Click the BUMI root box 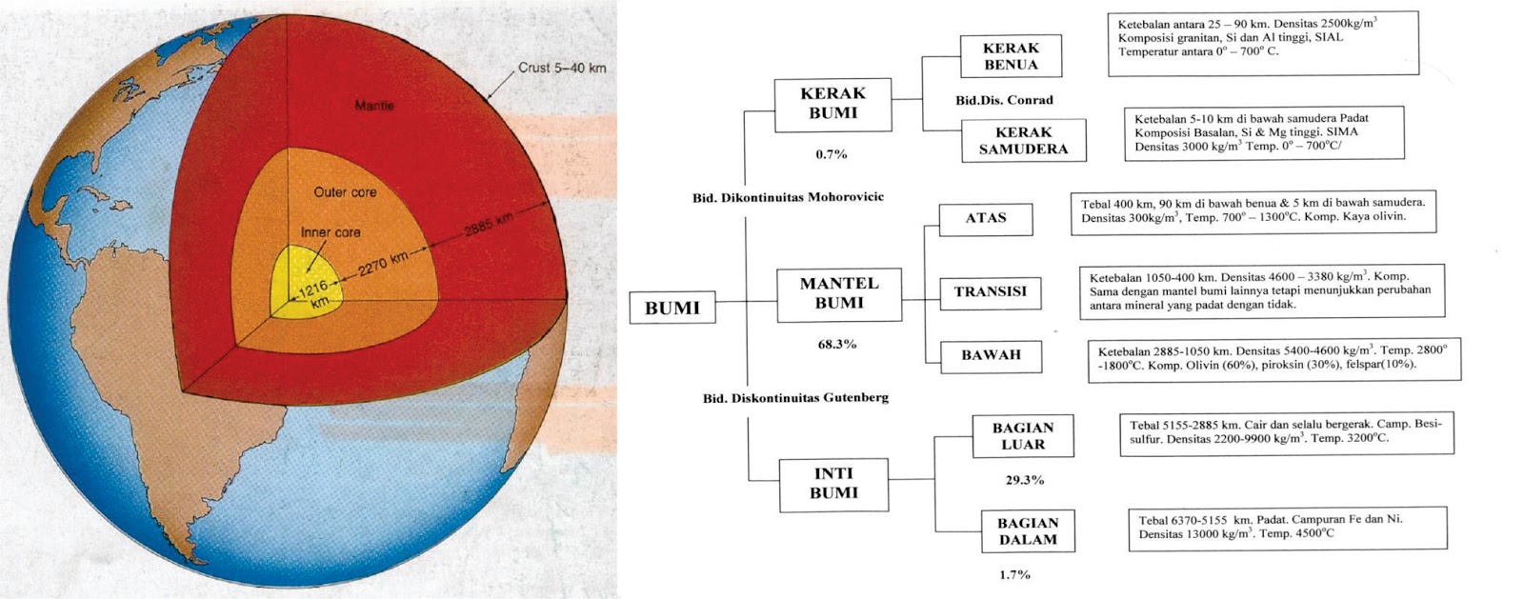[x=672, y=308]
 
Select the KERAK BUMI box [x=832, y=104]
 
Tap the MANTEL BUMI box [x=838, y=293]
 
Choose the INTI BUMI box [x=833, y=484]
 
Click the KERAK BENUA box [x=1011, y=56]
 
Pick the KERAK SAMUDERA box [x=1023, y=141]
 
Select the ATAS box [x=985, y=218]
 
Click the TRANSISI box [x=990, y=292]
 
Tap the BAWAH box [x=991, y=355]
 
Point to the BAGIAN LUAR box [x=1023, y=436]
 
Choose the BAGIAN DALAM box [x=1027, y=531]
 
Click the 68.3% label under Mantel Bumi [x=837, y=345]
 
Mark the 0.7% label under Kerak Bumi [x=832, y=154]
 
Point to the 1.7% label [x=1014, y=575]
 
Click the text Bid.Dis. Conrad [x=1004, y=100]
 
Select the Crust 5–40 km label [x=562, y=68]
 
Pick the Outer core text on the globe [x=345, y=192]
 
